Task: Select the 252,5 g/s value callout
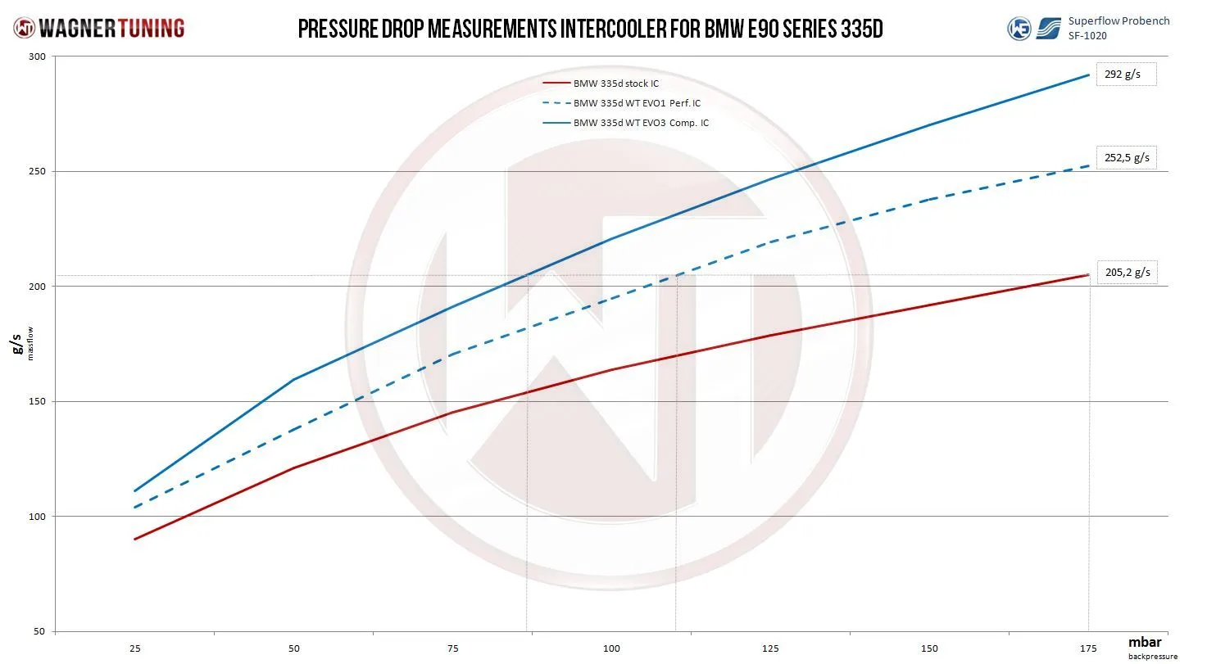pyautogui.click(x=1128, y=157)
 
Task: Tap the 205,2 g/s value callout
pyautogui.click(x=1128, y=273)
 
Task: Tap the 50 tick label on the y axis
pyautogui.click(x=39, y=632)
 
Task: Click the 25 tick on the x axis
pyautogui.click(x=134, y=648)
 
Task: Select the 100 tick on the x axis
pyautogui.click(x=611, y=648)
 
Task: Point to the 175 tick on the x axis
pyautogui.click(x=1088, y=648)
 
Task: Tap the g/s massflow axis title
pyautogui.click(x=19, y=345)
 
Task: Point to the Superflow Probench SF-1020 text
pyautogui.click(x=1119, y=27)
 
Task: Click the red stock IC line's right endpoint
pyautogui.click(x=1088, y=274)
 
